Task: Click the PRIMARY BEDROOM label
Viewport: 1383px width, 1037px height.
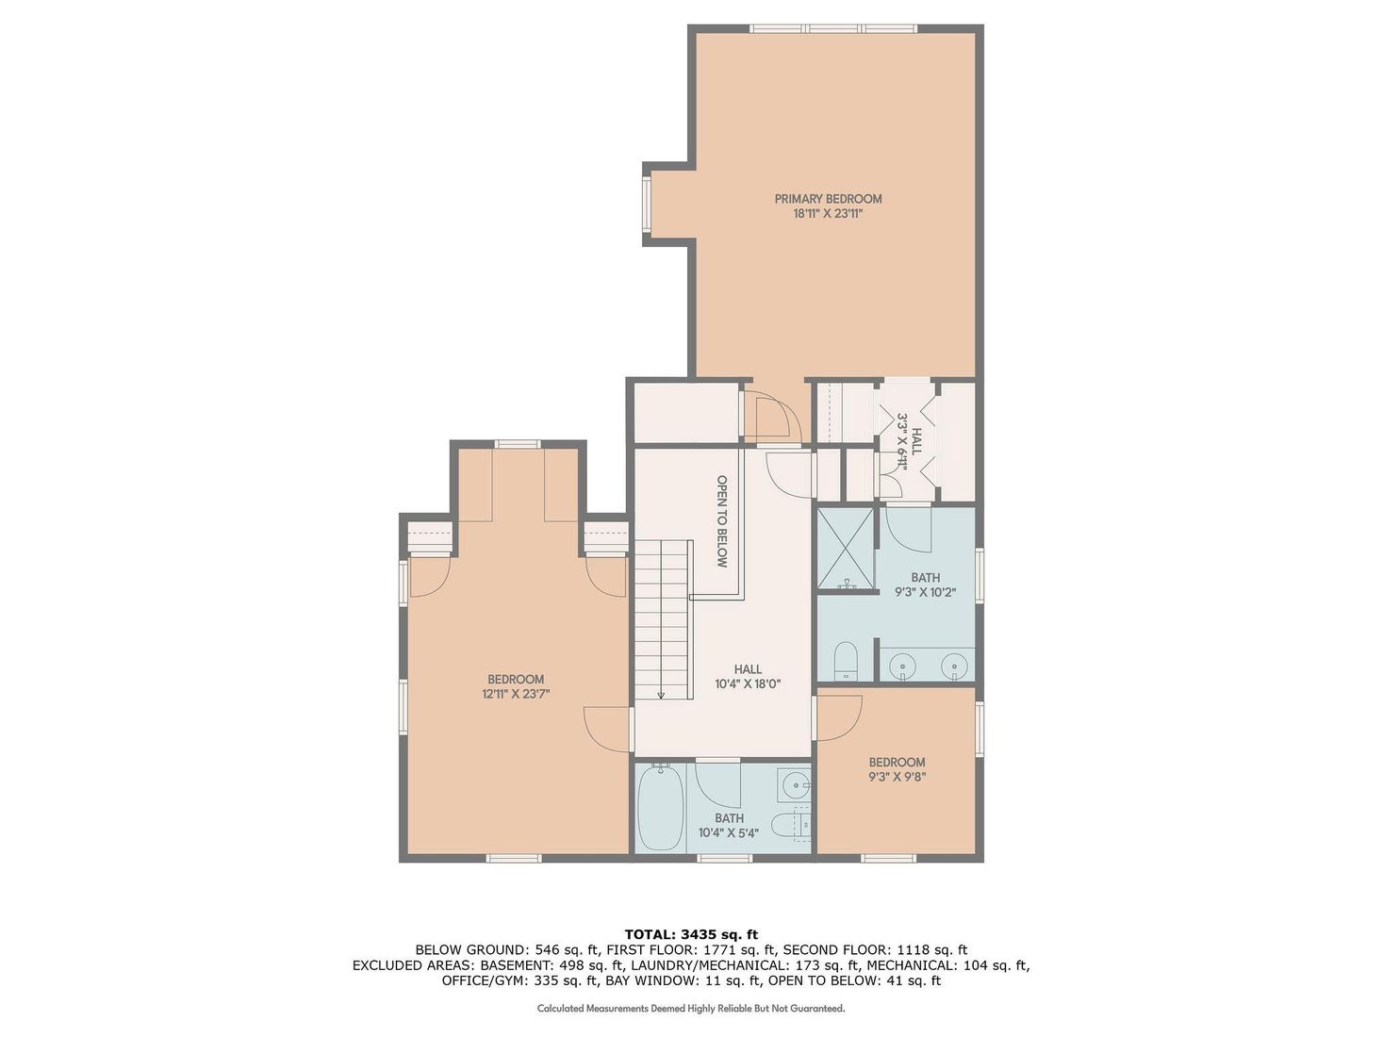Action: [828, 199]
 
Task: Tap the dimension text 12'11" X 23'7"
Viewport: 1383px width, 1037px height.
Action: [516, 694]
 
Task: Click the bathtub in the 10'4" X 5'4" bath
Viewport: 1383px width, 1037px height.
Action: [660, 809]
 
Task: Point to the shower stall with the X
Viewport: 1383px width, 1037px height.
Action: [845, 549]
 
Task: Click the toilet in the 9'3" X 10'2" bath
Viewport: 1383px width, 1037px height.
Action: [846, 660]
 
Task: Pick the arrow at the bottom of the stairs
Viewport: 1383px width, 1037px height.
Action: [661, 694]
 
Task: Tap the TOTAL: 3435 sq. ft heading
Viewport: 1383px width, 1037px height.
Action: [691, 934]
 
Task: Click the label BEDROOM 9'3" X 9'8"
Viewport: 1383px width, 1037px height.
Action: [897, 769]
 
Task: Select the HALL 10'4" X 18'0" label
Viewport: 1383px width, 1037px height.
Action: [748, 677]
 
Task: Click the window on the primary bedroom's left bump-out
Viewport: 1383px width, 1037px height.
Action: [647, 205]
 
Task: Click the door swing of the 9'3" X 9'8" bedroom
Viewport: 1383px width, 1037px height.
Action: [839, 716]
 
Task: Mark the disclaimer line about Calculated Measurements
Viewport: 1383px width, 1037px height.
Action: [691, 1009]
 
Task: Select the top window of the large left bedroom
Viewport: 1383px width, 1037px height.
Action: [518, 444]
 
